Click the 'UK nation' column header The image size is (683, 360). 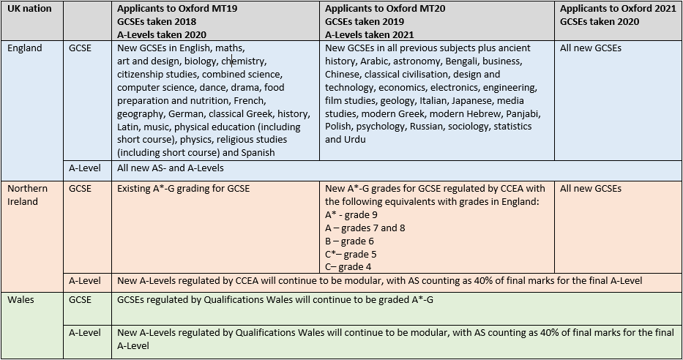click(x=29, y=9)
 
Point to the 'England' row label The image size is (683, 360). click(x=25, y=48)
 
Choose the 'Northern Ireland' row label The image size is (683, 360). click(x=27, y=195)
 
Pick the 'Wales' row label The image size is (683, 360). click(x=20, y=299)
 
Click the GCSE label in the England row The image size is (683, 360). click(x=81, y=48)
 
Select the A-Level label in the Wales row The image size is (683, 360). click(x=85, y=333)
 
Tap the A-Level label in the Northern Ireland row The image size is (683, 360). click(x=85, y=280)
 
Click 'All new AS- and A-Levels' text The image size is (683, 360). click(x=171, y=168)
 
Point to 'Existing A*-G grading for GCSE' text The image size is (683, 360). click(x=184, y=189)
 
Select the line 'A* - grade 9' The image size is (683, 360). click(x=351, y=215)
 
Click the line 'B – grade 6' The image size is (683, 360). click(x=349, y=241)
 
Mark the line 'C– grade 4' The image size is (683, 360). click(x=348, y=267)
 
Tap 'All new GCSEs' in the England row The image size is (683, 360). click(x=590, y=48)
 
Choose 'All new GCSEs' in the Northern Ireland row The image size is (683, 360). click(x=590, y=189)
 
